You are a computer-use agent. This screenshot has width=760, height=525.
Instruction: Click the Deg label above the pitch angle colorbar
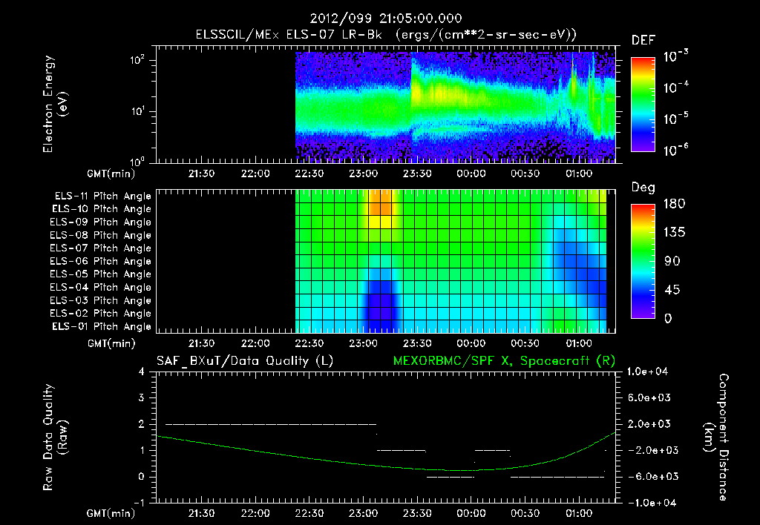tap(643, 188)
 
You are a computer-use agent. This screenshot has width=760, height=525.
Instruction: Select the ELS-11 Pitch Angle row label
tap(102, 197)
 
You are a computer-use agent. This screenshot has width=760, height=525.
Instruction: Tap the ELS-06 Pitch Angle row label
tap(102, 261)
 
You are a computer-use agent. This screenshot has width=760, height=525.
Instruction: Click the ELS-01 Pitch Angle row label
tap(102, 326)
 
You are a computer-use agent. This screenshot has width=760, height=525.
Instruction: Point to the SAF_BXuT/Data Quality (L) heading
tap(244, 361)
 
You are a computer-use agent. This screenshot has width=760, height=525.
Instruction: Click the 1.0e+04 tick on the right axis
tap(649, 372)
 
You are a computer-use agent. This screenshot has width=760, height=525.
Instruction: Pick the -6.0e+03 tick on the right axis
tap(649, 476)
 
